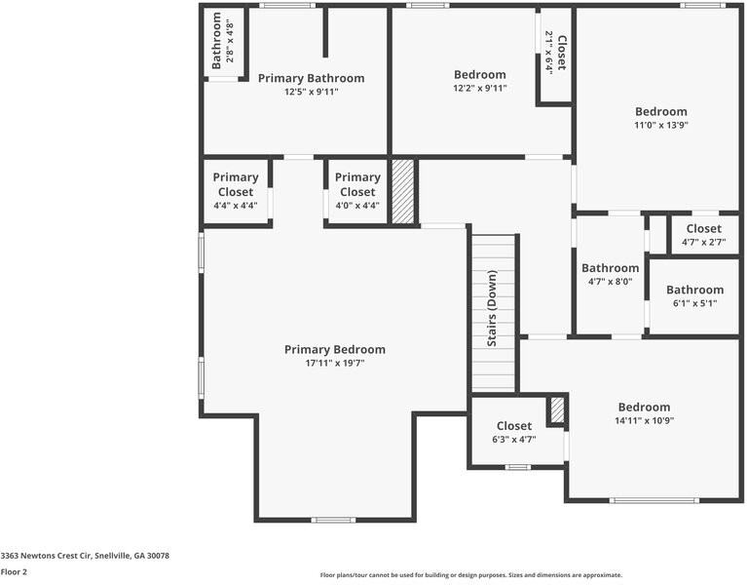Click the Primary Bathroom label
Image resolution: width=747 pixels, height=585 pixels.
point(311,78)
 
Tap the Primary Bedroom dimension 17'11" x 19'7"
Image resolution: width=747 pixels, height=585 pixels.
point(335,364)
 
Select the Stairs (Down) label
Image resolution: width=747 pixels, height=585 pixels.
point(492,308)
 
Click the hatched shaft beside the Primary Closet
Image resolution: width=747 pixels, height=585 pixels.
point(403,191)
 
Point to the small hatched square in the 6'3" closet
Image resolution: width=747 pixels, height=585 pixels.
point(557,409)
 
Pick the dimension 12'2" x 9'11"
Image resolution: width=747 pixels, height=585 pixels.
point(480,88)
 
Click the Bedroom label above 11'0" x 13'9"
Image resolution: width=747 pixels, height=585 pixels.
point(661,111)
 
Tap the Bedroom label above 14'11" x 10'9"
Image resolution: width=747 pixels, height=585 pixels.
point(644,408)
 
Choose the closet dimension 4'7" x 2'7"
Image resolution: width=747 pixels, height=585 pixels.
point(703,242)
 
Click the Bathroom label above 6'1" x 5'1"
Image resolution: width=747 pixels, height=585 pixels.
point(695,290)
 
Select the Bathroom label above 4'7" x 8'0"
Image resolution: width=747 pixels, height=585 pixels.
point(611,268)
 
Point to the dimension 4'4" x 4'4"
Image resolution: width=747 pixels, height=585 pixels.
point(236,206)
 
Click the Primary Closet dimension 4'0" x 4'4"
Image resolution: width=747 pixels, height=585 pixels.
point(357,206)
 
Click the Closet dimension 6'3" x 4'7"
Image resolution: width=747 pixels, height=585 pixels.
point(514,439)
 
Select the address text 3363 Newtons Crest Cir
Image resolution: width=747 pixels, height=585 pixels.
point(46,556)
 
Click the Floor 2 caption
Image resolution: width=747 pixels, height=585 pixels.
point(14,571)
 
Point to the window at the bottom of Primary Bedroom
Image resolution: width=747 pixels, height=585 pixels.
point(333,520)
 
